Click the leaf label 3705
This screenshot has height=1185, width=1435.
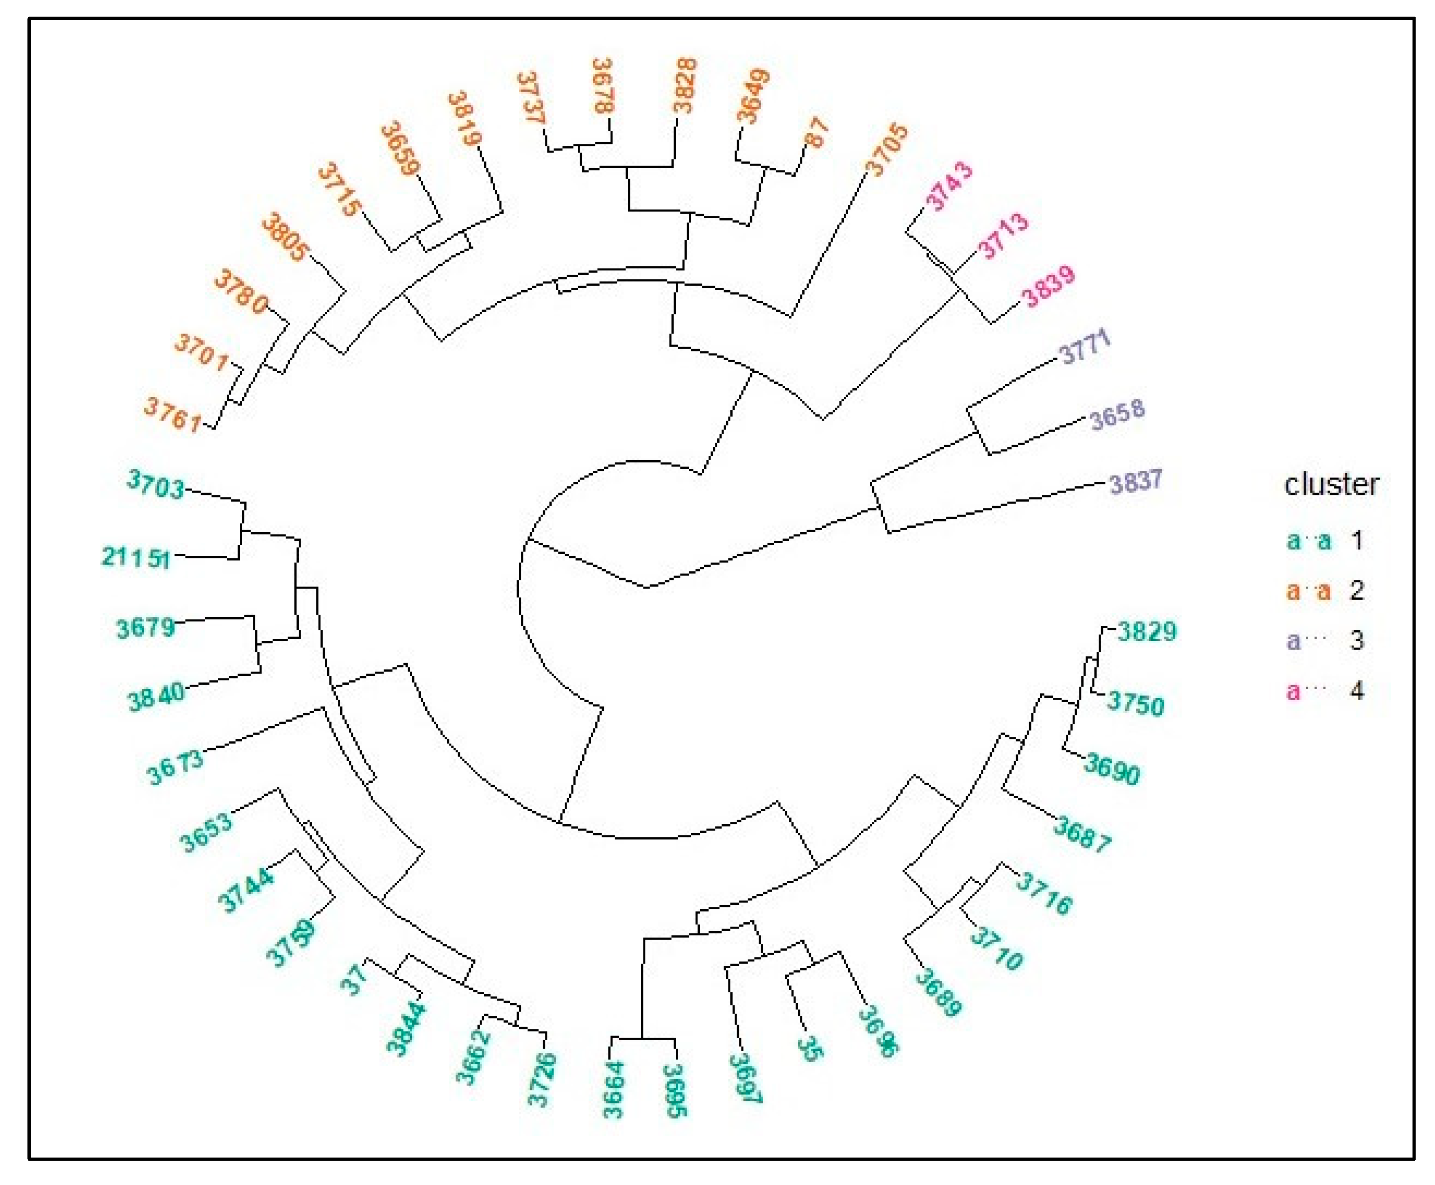pyautogui.click(x=886, y=149)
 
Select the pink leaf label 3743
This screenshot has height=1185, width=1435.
pyautogui.click(x=948, y=186)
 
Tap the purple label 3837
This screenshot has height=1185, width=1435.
pyautogui.click(x=1134, y=482)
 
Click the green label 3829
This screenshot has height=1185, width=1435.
pyautogui.click(x=1147, y=631)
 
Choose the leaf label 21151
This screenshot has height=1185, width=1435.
pyautogui.click(x=136, y=558)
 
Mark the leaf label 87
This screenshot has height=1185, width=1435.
pyautogui.click(x=816, y=132)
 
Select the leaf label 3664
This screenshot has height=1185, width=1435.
pyautogui.click(x=613, y=1090)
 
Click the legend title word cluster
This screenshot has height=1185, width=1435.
pyautogui.click(x=1331, y=484)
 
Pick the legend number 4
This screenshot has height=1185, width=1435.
pyautogui.click(x=1357, y=690)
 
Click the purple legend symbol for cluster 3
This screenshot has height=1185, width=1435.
pyautogui.click(x=1305, y=640)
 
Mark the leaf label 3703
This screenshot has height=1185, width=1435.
pyautogui.click(x=156, y=485)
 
